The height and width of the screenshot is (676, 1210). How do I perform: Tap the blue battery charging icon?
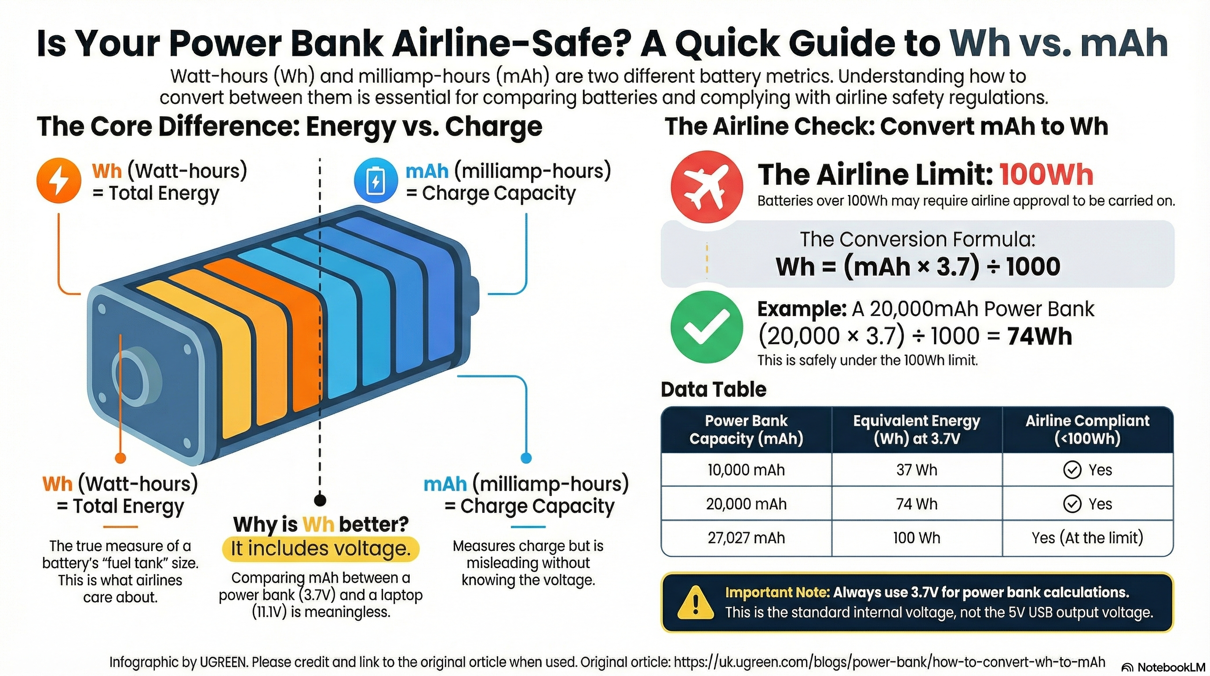(x=375, y=181)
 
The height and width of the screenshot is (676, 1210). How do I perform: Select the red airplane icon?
(x=707, y=187)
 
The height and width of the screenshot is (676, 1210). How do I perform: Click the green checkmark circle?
(x=707, y=327)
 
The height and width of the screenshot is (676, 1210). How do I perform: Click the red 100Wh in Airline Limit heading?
(x=1046, y=174)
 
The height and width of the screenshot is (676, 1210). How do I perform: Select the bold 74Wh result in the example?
(x=1039, y=336)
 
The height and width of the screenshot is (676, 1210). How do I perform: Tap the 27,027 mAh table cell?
(x=746, y=538)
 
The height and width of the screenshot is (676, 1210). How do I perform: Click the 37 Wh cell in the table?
(x=916, y=470)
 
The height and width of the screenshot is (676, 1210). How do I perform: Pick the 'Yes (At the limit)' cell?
(x=1087, y=538)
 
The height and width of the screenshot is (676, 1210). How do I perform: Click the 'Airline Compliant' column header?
(x=1087, y=429)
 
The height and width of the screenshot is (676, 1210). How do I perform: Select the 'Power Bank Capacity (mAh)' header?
(x=746, y=429)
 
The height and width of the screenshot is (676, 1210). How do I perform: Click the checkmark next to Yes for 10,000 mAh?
(x=1072, y=470)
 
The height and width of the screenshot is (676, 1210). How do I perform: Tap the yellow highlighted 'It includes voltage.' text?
(x=321, y=549)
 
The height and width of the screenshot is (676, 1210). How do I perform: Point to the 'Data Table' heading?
(x=713, y=389)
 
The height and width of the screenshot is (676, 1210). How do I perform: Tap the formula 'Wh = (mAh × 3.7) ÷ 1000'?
(x=917, y=267)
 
